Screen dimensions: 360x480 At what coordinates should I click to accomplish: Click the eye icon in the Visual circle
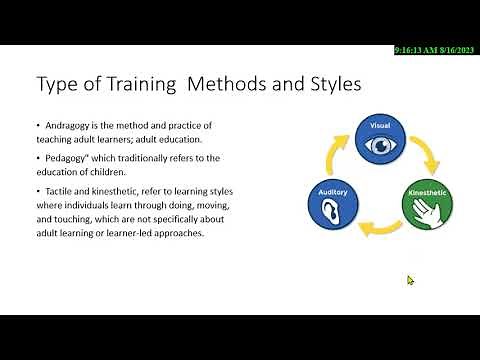click(379, 146)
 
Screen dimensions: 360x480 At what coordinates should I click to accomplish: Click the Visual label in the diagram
click(379, 127)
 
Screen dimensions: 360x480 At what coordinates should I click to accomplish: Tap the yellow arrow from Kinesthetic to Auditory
click(379, 231)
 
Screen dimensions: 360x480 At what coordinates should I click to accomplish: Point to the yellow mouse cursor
click(410, 280)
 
